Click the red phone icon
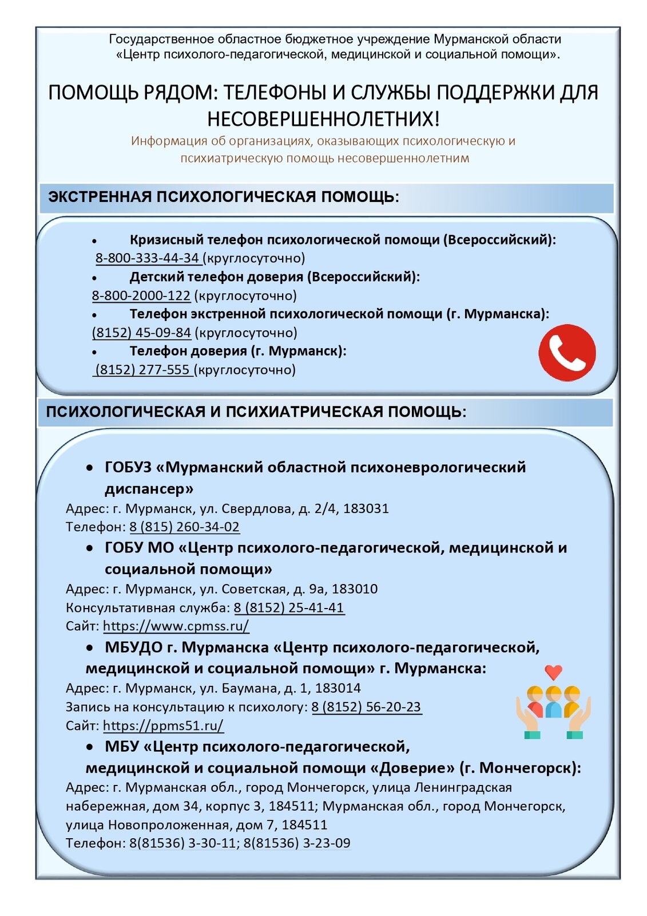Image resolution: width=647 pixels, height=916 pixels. (566, 353)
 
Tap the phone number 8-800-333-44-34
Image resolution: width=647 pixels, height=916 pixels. (148, 258)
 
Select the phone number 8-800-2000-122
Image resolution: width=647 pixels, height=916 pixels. (141, 296)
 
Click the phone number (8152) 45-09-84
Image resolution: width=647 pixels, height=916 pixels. (141, 333)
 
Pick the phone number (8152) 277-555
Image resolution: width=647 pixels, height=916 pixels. (142, 370)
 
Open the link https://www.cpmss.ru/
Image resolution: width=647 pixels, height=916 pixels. (176, 626)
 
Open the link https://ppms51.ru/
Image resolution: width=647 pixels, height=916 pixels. (163, 725)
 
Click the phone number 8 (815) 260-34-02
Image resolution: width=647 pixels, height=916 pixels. (184, 527)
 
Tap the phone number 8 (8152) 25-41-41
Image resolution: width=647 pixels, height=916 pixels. (289, 607)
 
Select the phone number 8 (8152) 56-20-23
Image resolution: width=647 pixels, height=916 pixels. (366, 707)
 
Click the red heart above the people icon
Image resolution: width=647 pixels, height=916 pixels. (553, 672)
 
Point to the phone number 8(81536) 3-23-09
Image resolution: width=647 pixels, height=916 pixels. (297, 843)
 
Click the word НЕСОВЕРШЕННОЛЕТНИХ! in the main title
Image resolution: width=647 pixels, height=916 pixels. (323, 119)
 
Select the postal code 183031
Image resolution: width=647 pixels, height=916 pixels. (366, 508)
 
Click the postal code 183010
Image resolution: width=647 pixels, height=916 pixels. (355, 589)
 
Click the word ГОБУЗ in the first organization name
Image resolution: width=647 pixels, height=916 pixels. (128, 467)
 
